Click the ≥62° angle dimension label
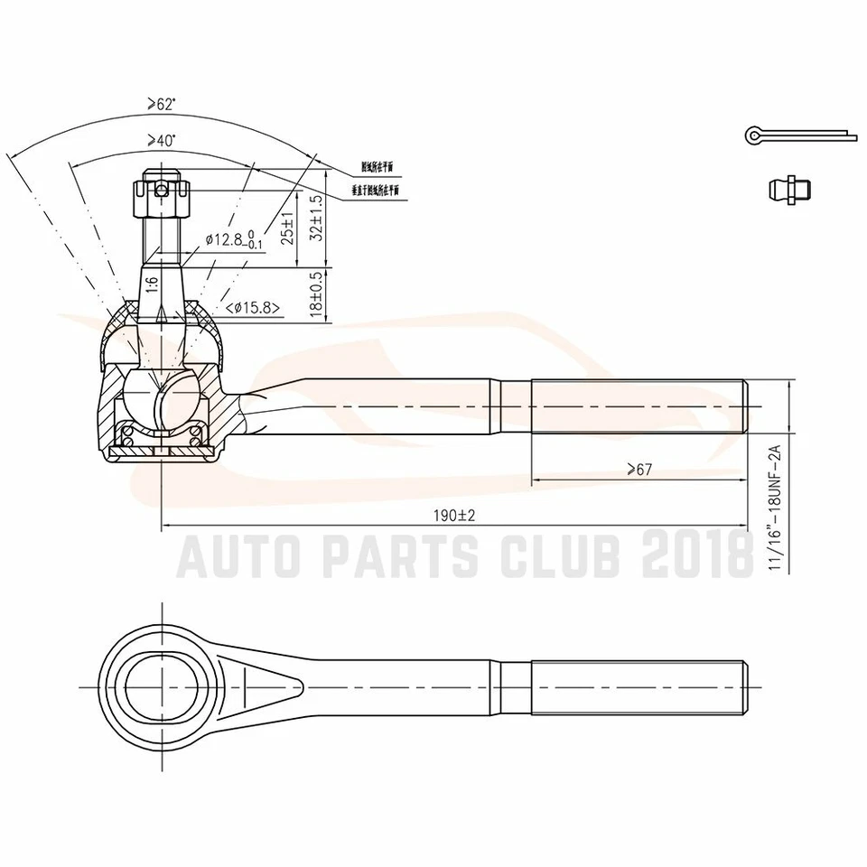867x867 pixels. pyautogui.click(x=163, y=105)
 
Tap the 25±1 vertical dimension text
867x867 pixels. pyautogui.click(x=288, y=228)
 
